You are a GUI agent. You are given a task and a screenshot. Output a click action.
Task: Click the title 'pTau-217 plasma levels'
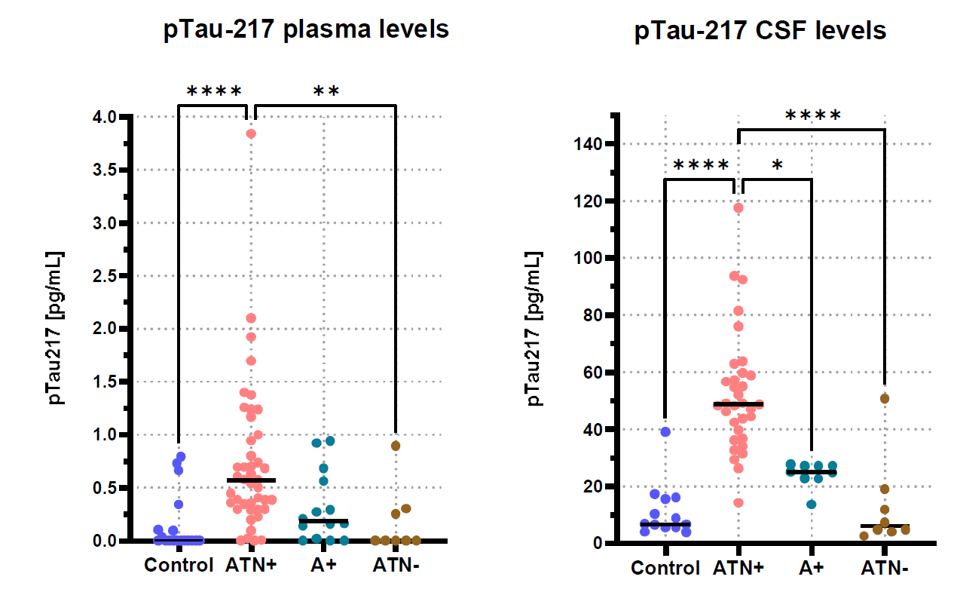pos(306,30)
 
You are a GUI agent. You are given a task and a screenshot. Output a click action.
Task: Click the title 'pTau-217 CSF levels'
pos(760,32)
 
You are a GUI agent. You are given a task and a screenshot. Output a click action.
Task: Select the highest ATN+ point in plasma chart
pos(251,133)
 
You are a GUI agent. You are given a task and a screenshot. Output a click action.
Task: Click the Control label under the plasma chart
pos(179,565)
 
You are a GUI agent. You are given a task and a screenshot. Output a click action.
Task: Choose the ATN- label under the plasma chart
pos(396,565)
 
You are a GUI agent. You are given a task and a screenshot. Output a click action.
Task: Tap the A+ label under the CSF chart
pos(812,568)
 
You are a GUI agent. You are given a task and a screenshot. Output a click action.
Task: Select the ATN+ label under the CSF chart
pos(739,568)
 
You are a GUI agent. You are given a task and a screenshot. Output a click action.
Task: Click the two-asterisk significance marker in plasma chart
pos(326,93)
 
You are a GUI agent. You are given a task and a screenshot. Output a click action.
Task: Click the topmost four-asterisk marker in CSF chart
pos(812,117)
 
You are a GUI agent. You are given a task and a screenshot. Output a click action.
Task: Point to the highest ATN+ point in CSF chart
pos(738,208)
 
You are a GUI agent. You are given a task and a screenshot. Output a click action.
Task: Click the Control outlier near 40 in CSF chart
pos(665,431)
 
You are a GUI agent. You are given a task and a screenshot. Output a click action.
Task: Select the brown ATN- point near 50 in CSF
pos(885,398)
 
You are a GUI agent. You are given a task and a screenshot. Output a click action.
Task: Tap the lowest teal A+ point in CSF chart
pos(812,504)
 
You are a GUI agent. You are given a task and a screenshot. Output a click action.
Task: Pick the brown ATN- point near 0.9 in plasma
pos(396,446)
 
